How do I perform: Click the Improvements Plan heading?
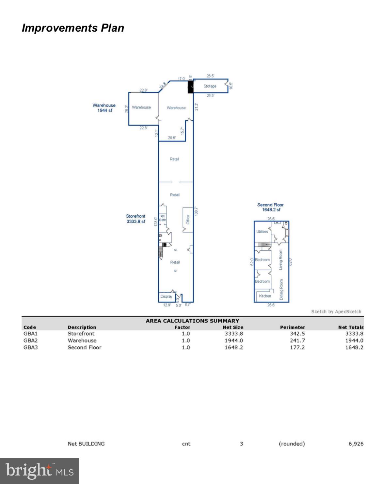(73, 28)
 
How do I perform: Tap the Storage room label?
(210, 86)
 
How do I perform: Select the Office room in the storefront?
(188, 219)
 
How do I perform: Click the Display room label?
(166, 296)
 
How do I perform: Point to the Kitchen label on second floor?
(265, 296)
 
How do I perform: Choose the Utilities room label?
(262, 232)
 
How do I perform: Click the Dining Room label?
(281, 290)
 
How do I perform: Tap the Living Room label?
(281, 260)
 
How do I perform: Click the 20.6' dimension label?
(172, 138)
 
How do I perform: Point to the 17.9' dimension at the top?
(182, 79)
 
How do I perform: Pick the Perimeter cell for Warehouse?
(297, 341)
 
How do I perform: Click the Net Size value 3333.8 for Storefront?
(233, 334)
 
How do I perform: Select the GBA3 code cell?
(30, 347)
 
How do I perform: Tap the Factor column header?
(182, 327)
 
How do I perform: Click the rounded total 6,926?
(356, 444)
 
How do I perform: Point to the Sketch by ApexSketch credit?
(336, 311)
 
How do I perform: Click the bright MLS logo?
(39, 471)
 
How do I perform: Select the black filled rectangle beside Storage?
(190, 87)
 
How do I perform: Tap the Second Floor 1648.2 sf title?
(270, 207)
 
